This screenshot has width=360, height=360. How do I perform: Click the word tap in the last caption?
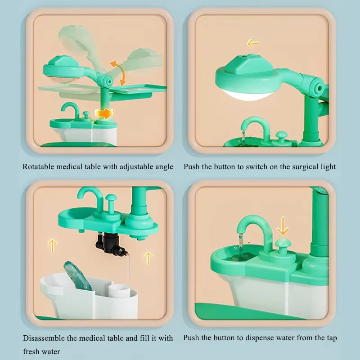click(332, 338)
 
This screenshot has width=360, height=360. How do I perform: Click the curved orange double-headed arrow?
click(119, 73)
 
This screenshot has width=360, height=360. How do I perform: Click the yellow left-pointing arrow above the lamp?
click(253, 43)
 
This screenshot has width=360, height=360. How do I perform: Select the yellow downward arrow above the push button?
click(283, 226)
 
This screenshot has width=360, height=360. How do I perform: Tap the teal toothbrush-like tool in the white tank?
click(77, 275)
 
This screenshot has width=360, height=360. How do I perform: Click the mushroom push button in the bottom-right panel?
click(283, 246)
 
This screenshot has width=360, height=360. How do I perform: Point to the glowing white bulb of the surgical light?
click(247, 95)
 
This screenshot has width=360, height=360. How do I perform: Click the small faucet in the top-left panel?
click(71, 109)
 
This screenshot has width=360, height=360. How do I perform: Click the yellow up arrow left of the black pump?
click(52, 245)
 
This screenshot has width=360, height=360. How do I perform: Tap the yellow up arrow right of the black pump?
click(148, 258)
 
